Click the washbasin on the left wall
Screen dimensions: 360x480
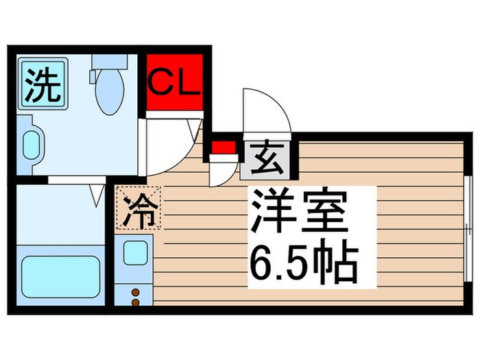30,144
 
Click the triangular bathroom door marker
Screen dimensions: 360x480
97,195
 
